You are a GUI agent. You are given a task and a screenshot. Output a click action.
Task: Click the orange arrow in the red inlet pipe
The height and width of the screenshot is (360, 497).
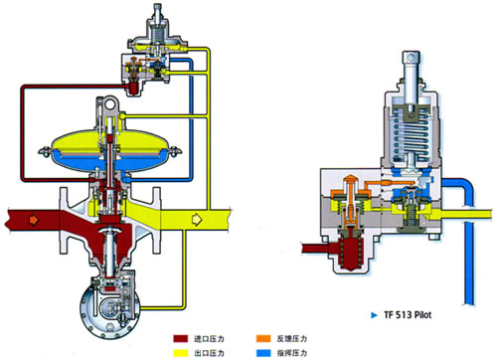pos(34,220)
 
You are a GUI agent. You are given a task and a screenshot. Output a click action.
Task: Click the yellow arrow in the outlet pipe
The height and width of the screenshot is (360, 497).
pos(197,220)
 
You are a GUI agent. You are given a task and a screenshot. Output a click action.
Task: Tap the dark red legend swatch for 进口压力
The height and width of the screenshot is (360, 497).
pos(181,339)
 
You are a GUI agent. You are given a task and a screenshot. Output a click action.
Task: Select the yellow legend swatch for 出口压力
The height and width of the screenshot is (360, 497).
pos(181,353)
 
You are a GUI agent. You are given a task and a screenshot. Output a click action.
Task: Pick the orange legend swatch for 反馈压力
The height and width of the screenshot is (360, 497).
pos(263,339)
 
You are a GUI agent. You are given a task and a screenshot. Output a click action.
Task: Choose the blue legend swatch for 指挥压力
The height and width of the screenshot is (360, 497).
pos(263,353)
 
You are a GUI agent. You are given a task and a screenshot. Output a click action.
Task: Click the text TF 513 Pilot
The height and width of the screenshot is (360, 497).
pos(408,315)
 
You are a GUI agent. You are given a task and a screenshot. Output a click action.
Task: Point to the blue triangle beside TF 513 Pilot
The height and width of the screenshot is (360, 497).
pos(374,315)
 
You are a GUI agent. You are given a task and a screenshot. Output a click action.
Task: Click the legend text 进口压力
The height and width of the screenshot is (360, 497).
pos(209,339)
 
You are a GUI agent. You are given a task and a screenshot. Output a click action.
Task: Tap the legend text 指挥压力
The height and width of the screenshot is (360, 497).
pos(292,353)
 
